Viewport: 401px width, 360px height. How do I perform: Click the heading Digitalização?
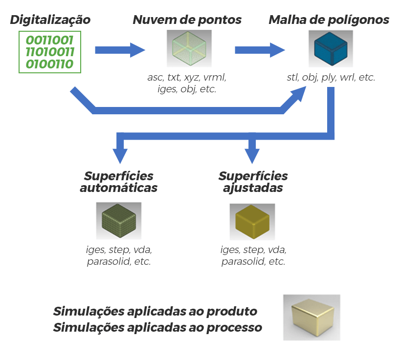(50, 20)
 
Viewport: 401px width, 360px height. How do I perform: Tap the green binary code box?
(49, 52)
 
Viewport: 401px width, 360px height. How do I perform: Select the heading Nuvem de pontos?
(187, 20)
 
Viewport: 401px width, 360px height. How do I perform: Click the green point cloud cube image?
(189, 48)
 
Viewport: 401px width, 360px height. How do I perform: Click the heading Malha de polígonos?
(329, 20)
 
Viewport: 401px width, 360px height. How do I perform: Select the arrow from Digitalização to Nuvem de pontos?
(120, 50)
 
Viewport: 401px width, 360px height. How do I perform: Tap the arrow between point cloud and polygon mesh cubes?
(260, 50)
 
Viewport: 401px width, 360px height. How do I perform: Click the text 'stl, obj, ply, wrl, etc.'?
(331, 77)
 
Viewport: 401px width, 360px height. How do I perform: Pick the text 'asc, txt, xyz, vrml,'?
(187, 77)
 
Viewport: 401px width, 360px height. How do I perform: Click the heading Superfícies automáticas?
(119, 182)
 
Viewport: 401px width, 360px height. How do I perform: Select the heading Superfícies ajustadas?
(253, 182)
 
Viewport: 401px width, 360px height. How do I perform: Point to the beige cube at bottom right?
(312, 317)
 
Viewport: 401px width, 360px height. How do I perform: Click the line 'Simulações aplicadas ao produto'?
(155, 312)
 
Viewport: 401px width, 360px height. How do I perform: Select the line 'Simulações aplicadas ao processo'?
(157, 327)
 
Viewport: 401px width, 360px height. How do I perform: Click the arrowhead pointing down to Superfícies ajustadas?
(252, 155)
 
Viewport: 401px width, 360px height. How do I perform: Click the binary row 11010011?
(49, 52)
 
